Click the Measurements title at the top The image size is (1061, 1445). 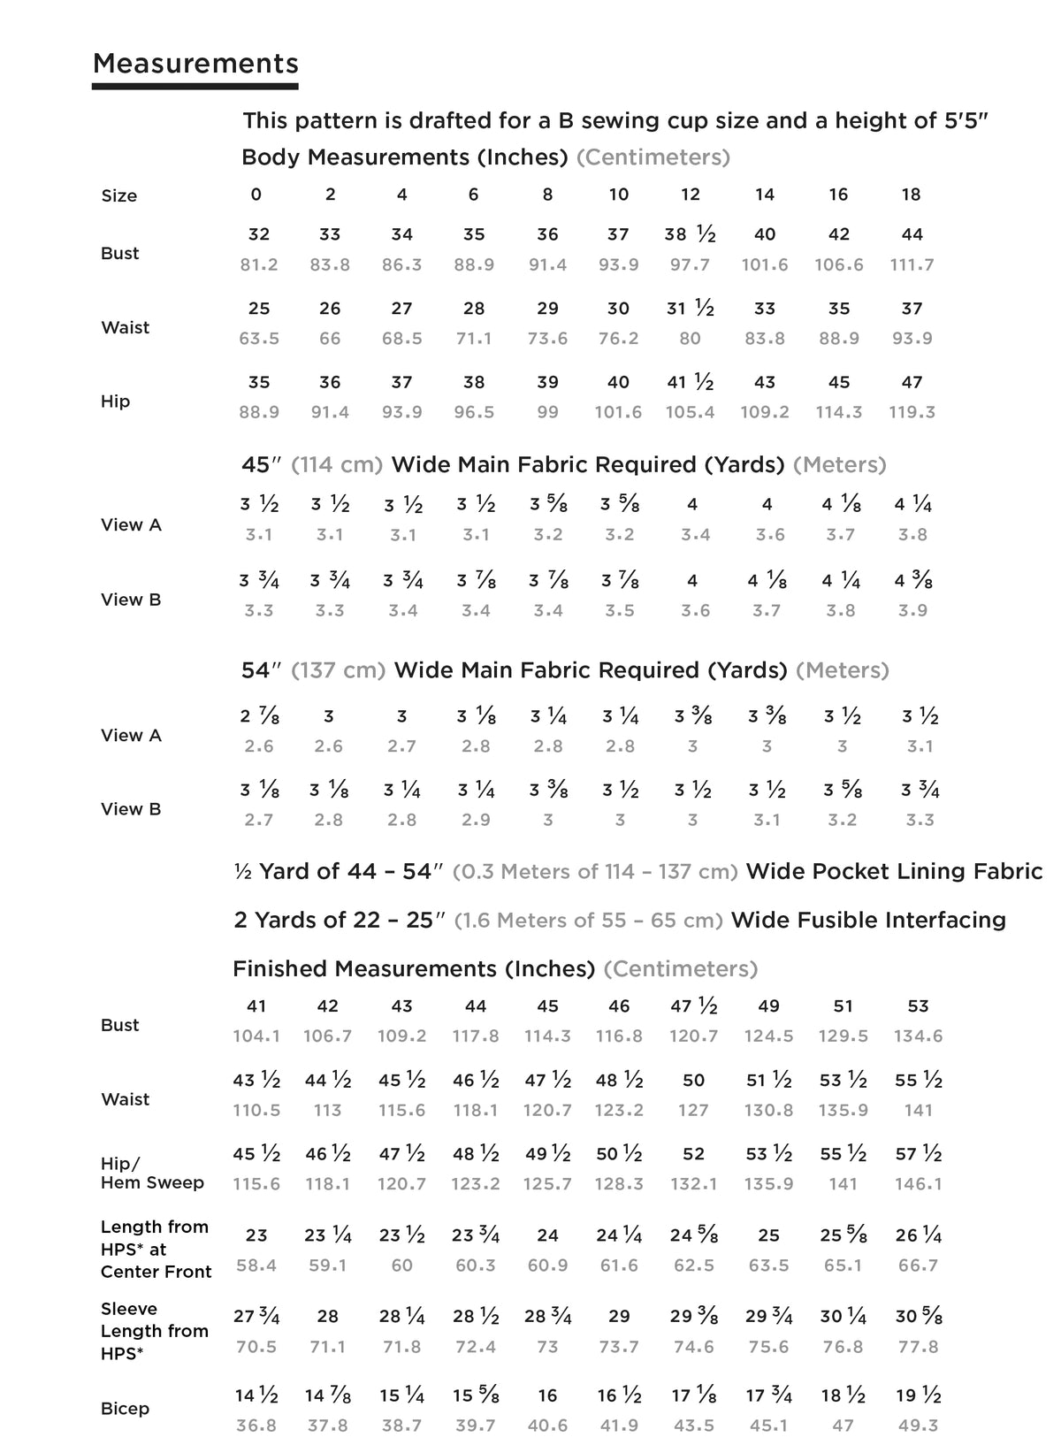(195, 64)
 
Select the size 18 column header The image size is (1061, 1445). (911, 195)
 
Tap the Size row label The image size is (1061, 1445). (119, 196)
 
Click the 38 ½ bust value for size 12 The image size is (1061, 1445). (690, 234)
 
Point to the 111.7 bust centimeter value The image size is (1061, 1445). (912, 264)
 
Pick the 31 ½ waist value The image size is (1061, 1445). (690, 309)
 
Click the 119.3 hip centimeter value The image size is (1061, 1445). (912, 412)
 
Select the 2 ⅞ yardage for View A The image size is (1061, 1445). (258, 716)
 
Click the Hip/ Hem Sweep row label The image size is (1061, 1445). (152, 1173)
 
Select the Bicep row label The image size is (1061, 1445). (125, 1409)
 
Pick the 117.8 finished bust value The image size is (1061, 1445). (476, 1036)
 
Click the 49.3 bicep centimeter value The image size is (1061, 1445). (917, 1426)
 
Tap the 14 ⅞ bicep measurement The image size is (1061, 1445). (328, 1396)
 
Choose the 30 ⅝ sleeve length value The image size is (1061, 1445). (919, 1317)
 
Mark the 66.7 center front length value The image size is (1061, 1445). (918, 1265)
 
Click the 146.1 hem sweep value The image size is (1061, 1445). (919, 1184)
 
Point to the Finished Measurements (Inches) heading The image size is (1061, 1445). (413, 969)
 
